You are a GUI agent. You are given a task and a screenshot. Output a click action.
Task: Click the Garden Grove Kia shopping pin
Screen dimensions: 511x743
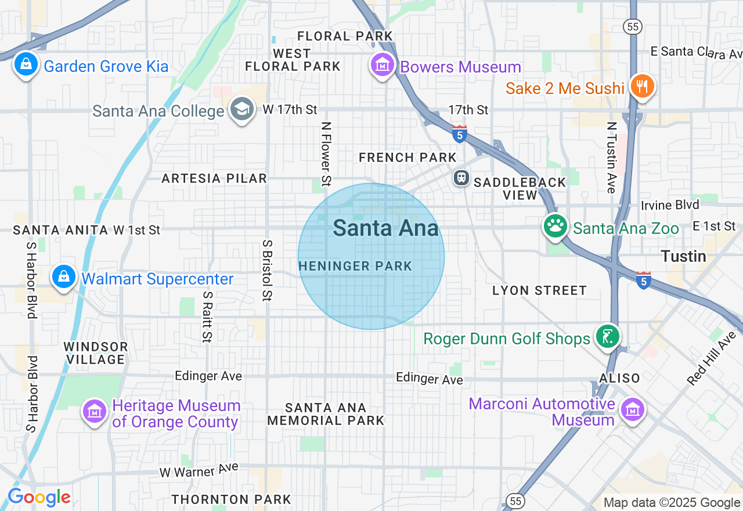[x=26, y=64]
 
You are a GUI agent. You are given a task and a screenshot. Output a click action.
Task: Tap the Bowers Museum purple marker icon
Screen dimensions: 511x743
[x=383, y=64]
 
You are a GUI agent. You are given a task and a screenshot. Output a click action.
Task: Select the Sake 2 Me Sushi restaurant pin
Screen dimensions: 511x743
[x=641, y=87]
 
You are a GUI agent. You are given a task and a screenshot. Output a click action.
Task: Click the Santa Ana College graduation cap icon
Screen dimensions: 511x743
[x=242, y=109]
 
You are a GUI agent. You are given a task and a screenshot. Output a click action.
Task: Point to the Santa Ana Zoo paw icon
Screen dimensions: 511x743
[x=556, y=226]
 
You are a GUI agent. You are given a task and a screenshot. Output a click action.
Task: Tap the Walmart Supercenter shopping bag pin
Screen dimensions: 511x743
[x=63, y=277]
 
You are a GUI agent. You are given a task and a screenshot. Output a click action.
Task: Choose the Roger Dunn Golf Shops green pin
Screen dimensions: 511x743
[x=608, y=337]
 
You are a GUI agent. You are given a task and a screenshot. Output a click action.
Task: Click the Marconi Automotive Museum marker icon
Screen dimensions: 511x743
[x=632, y=409]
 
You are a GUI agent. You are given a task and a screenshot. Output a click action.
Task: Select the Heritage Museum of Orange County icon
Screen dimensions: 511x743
[x=93, y=411]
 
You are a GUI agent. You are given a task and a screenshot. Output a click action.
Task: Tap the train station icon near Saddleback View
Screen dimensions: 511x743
[x=461, y=177]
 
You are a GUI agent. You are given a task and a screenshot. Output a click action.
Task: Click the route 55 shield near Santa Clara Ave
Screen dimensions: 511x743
[x=632, y=26]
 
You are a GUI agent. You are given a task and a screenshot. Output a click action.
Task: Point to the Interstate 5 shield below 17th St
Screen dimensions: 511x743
[x=459, y=134]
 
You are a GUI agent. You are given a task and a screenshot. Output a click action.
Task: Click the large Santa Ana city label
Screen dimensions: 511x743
[x=385, y=228]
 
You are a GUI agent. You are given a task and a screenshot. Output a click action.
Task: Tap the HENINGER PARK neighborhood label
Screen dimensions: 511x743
[x=355, y=267]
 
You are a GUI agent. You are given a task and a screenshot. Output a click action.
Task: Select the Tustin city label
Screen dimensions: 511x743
[x=684, y=256]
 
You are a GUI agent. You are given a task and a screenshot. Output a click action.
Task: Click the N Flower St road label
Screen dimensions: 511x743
[x=326, y=153]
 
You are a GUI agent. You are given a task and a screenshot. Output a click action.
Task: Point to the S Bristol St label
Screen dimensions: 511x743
[x=268, y=270]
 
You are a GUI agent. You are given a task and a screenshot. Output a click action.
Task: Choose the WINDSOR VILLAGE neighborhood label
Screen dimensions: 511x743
[x=96, y=353]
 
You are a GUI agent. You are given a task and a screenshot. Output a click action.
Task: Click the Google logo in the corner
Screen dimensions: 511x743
[x=39, y=497]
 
